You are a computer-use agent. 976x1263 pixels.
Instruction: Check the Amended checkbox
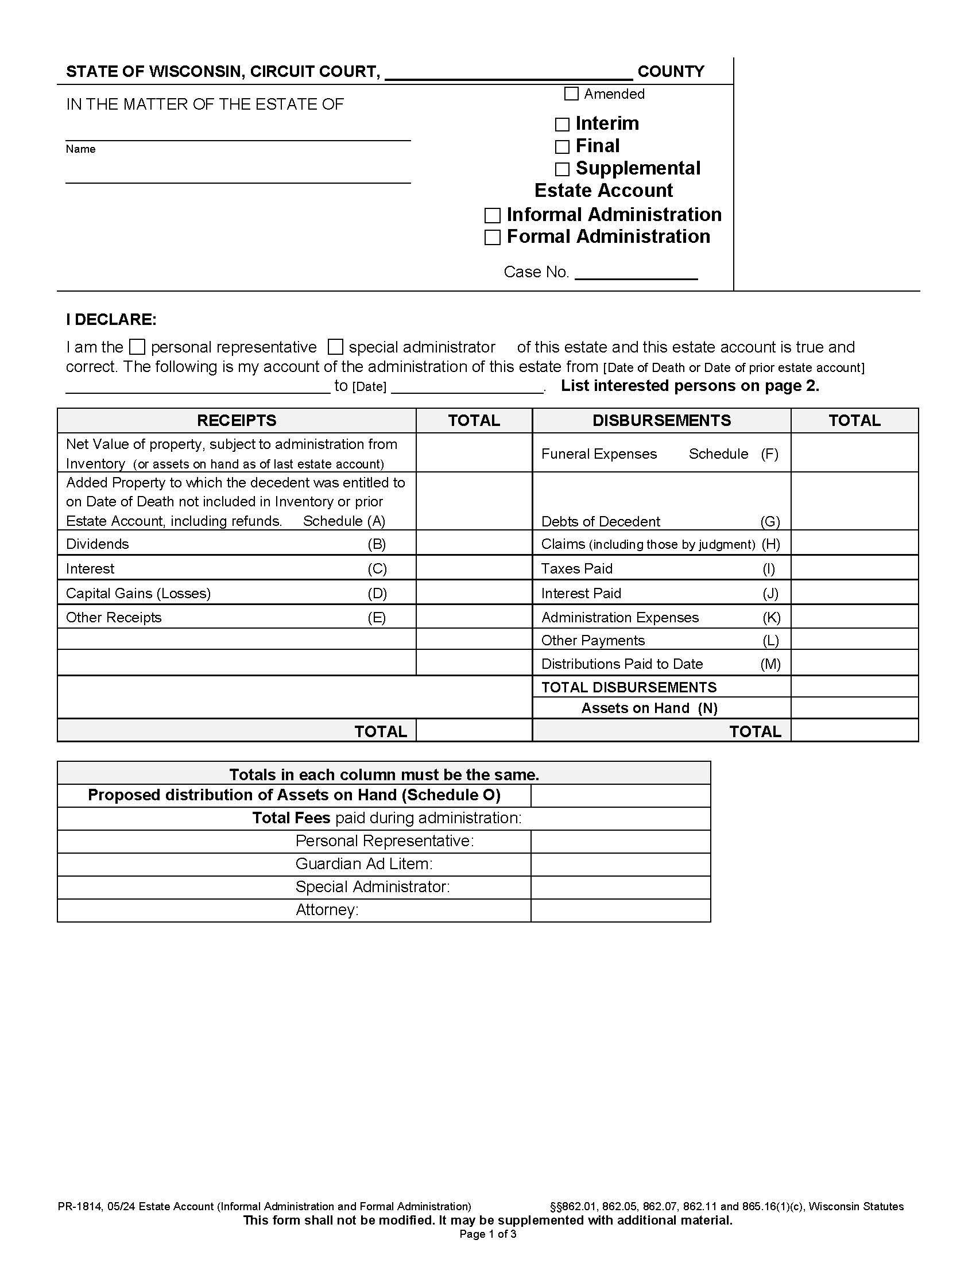point(571,94)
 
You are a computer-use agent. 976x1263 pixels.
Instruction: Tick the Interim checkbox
point(562,125)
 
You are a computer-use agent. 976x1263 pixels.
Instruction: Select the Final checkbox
point(562,147)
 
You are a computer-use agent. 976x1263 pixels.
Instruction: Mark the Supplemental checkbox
point(562,169)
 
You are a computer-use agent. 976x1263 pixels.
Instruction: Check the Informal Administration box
point(492,216)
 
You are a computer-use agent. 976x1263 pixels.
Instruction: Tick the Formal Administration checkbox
point(492,238)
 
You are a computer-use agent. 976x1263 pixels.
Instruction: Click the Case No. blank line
point(636,273)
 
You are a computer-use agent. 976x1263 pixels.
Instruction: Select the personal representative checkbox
point(137,347)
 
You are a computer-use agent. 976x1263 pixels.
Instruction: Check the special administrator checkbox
point(335,347)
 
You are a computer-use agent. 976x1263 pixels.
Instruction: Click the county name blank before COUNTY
point(509,72)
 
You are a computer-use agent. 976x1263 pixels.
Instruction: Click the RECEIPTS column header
point(237,420)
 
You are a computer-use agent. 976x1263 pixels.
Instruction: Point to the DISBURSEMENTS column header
point(661,420)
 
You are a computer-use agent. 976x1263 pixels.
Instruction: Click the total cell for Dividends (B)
point(474,543)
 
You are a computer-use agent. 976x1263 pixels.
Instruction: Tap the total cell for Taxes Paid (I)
point(854,568)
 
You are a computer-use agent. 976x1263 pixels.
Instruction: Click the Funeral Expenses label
point(598,454)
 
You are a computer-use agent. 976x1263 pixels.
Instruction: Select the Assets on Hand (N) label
point(649,708)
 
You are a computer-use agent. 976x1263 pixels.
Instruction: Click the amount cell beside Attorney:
point(620,911)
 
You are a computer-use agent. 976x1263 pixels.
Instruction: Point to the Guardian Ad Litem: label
point(363,864)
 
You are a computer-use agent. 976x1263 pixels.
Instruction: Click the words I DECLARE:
point(111,320)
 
